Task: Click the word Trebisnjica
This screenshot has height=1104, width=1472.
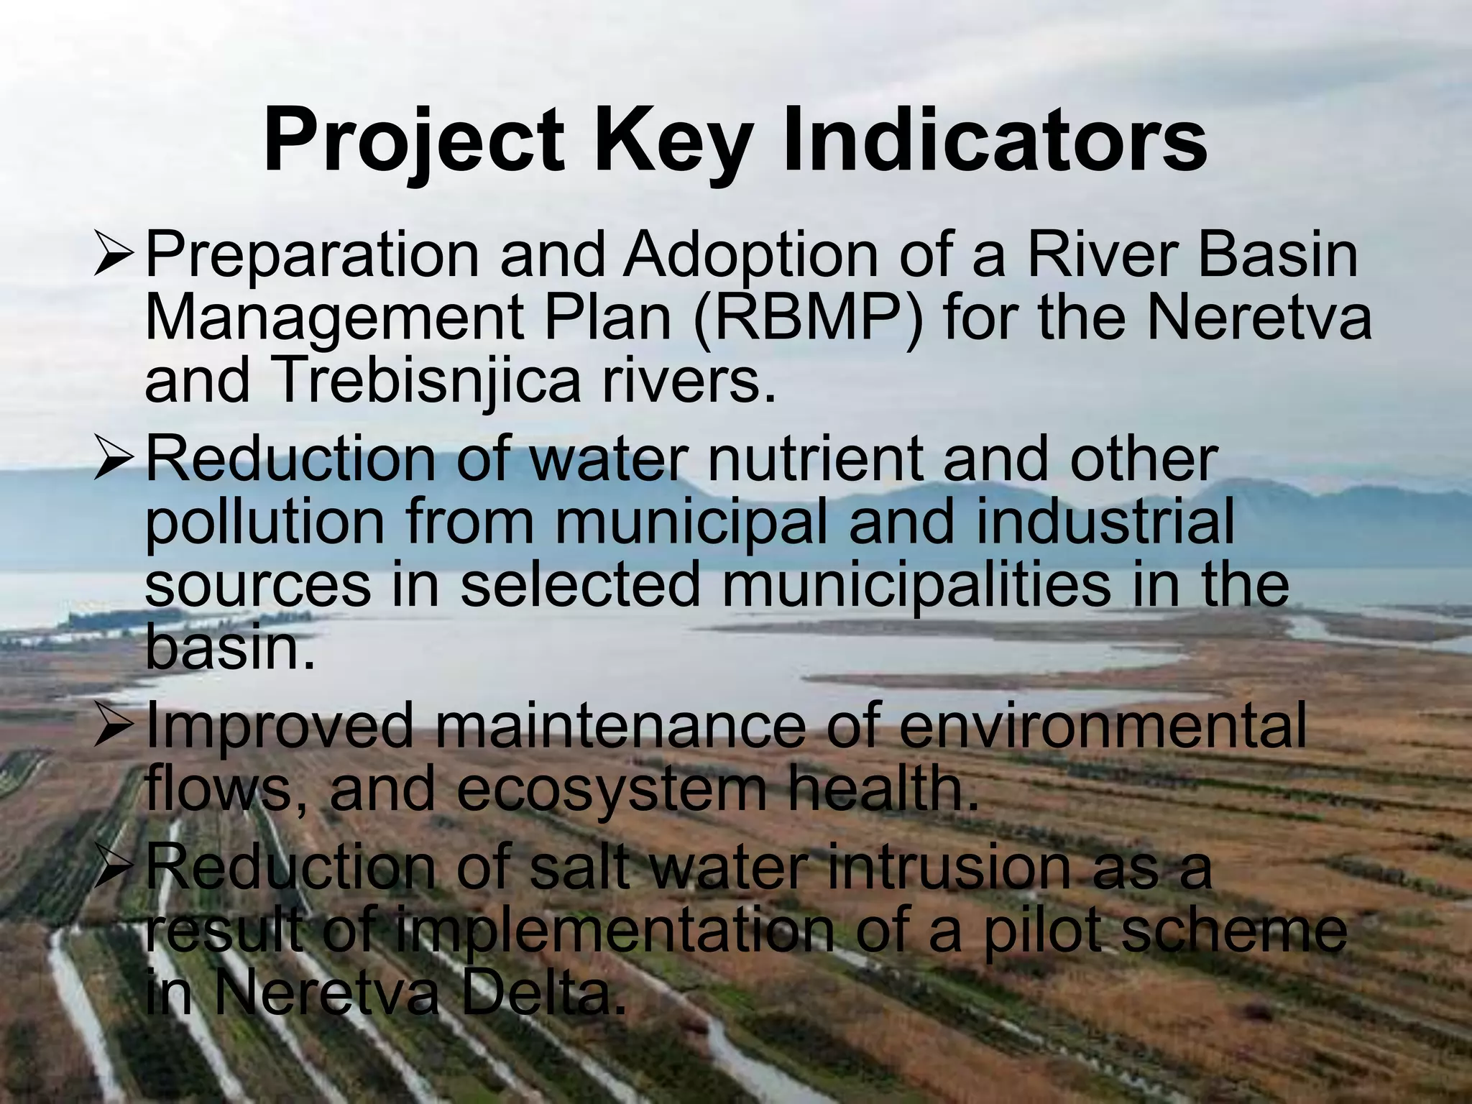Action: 425,382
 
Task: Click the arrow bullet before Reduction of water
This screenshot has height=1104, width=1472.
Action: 113,460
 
